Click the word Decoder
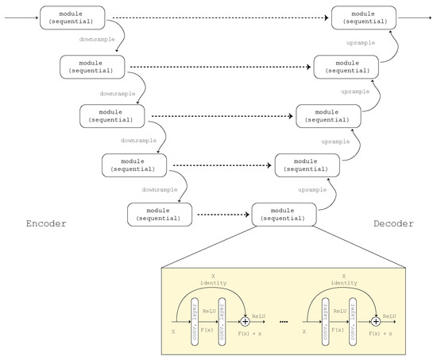(394, 224)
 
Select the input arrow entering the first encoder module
(20, 17)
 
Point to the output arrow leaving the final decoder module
(408, 17)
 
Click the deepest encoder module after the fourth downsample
(159, 214)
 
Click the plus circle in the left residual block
(244, 319)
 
